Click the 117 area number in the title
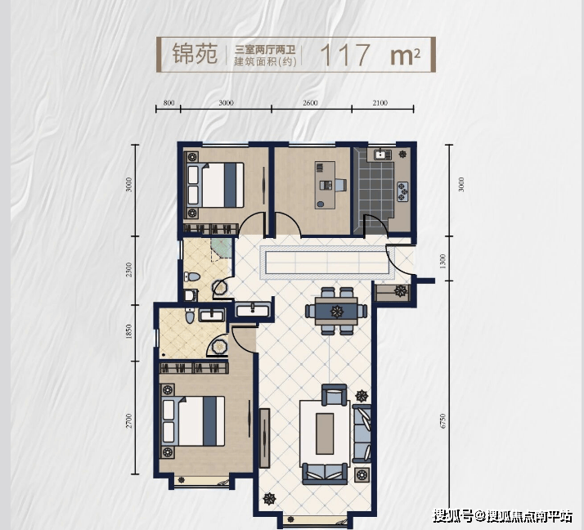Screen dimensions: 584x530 click(x=345, y=55)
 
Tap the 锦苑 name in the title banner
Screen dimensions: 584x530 click(x=195, y=54)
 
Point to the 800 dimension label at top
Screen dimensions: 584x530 click(x=168, y=103)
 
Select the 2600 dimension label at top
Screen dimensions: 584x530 click(x=310, y=103)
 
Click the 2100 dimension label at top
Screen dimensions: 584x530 click(x=380, y=103)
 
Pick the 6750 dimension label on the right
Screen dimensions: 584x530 click(x=442, y=421)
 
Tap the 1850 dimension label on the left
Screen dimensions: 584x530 click(x=129, y=331)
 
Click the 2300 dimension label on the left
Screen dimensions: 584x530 click(x=129, y=270)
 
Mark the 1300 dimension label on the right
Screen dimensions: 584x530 click(x=442, y=262)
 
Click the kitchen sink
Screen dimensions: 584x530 click(x=380, y=154)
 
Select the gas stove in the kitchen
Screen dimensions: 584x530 click(x=402, y=192)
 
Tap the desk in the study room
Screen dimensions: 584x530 click(x=325, y=185)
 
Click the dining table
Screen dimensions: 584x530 click(x=336, y=311)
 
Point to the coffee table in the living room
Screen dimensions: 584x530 click(x=325, y=433)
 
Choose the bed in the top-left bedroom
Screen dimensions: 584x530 click(x=216, y=185)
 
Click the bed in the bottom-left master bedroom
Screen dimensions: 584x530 click(x=194, y=421)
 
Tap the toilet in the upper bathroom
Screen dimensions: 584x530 click(x=192, y=276)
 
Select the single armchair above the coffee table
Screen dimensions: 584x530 click(x=334, y=395)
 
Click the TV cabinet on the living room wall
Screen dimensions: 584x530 click(x=264, y=438)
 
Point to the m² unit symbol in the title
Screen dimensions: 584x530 click(x=405, y=56)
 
